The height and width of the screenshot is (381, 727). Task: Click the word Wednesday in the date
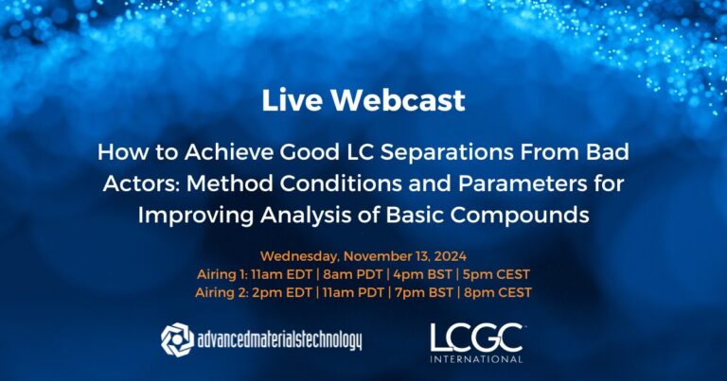pos(300,255)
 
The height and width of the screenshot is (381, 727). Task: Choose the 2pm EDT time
pos(289,293)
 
